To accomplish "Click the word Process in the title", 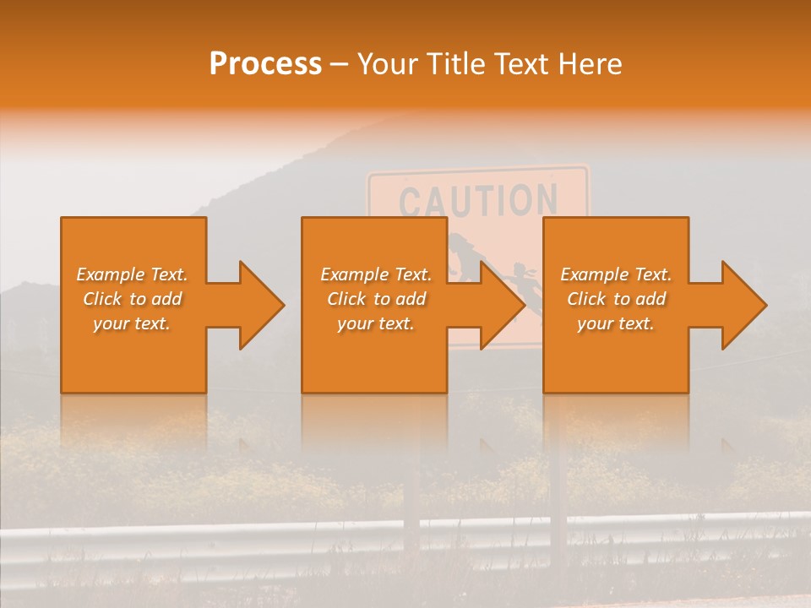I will tap(265, 64).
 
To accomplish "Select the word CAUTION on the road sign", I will tap(477, 201).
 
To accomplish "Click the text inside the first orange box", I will tap(132, 299).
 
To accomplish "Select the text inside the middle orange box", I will tap(375, 299).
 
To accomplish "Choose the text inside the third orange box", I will tap(615, 299).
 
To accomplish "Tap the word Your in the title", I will tap(386, 64).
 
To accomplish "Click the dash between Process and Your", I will tap(340, 65).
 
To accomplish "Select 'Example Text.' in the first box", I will tap(132, 274).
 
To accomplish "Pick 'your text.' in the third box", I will tap(615, 323).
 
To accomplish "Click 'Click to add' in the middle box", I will tap(375, 299).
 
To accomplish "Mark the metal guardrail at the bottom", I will tap(405, 540).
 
